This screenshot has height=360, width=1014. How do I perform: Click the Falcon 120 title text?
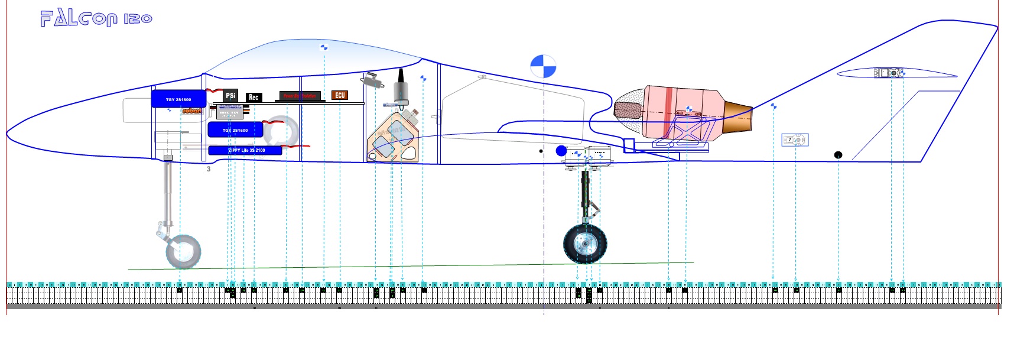96,18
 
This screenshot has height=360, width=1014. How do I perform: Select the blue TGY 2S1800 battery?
178,99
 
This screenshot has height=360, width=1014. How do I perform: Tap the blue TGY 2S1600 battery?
235,130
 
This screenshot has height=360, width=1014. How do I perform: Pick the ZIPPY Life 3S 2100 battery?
245,151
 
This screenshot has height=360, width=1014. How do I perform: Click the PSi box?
230,95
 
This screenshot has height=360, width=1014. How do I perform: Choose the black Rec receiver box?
253,97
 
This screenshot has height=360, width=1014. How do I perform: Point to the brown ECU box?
340,95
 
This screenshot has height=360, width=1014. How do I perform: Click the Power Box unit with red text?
300,96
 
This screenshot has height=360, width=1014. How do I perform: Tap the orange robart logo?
191,111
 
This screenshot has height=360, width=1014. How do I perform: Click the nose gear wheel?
183,252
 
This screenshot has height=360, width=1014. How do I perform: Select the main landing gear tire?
585,244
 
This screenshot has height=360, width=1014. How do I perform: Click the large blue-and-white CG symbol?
543,66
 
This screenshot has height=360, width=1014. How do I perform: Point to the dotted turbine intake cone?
629,109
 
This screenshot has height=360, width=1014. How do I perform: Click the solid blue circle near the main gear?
561,151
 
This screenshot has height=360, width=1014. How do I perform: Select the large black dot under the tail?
838,155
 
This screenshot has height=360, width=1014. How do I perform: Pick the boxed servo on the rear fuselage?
795,140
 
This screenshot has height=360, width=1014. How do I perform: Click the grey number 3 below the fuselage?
209,169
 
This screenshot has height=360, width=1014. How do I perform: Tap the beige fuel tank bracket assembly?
393,140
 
